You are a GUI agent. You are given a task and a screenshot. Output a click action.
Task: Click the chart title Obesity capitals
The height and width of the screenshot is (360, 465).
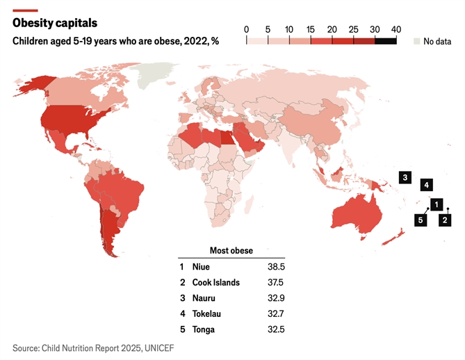tap(55, 24)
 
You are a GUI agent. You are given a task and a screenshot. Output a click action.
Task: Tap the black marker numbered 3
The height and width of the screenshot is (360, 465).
tap(405, 177)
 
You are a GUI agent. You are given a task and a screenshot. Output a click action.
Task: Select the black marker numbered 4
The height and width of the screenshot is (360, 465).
tap(427, 185)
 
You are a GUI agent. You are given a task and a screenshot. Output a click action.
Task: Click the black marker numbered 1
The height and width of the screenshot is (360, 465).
tap(436, 204)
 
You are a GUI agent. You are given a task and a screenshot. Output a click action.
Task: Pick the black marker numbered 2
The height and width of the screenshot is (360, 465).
tap(446, 220)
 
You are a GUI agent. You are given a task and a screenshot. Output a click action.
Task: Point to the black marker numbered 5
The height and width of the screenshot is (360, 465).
tap(420, 220)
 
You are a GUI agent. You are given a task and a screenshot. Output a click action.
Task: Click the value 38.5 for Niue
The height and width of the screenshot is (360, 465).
tap(276, 267)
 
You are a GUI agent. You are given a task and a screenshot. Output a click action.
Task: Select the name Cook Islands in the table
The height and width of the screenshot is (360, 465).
tap(215, 283)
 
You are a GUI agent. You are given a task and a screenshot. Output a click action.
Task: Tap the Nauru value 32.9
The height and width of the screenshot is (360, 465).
tap(276, 299)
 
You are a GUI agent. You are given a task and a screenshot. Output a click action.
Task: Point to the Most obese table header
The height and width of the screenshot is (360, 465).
tap(231, 250)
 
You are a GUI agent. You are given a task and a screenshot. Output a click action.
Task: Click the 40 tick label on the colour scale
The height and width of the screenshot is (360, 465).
tap(396, 28)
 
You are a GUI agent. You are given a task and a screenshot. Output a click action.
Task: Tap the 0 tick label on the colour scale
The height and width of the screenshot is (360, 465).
tap(247, 28)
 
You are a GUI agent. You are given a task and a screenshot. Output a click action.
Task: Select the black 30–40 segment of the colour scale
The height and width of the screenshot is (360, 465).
tap(386, 40)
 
